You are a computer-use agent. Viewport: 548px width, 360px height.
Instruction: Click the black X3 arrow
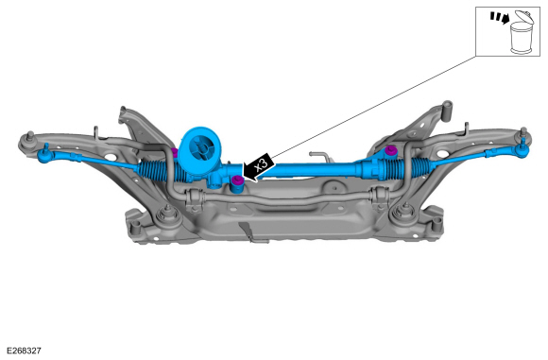click(258, 167)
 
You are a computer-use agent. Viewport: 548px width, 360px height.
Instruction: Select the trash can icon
click(522, 33)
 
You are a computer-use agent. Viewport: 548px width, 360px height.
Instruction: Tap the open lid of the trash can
click(525, 17)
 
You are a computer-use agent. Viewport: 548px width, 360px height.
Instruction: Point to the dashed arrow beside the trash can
click(500, 18)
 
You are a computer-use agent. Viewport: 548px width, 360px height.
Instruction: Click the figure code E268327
click(25, 351)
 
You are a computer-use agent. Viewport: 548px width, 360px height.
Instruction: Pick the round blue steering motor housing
click(200, 150)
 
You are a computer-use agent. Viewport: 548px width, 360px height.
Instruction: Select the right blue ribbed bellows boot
click(420, 165)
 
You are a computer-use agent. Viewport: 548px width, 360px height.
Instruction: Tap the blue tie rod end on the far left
click(44, 154)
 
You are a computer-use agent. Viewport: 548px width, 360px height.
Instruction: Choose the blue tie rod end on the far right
click(522, 149)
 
